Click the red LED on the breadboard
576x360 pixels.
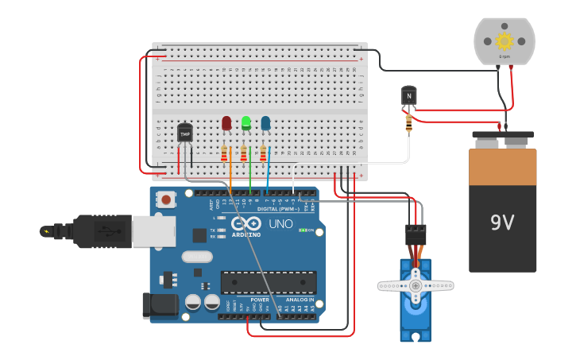(x=226, y=123)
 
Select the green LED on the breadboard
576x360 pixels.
(x=246, y=123)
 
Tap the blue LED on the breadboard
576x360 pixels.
(x=265, y=123)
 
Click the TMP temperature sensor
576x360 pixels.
(x=185, y=134)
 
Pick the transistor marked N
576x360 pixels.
(x=409, y=96)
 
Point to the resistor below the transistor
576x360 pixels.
(x=409, y=122)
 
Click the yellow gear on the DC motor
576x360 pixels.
(x=504, y=41)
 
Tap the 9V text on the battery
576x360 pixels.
(x=502, y=223)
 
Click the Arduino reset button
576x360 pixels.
(x=165, y=199)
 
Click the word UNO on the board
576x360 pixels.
(x=280, y=224)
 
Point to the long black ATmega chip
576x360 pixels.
(x=268, y=282)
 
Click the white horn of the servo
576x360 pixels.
(x=415, y=285)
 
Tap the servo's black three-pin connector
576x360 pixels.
(x=416, y=234)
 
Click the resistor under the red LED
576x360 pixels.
(x=225, y=153)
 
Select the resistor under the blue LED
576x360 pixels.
(x=263, y=153)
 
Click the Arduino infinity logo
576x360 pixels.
(x=246, y=225)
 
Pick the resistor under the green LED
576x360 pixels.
(x=244, y=153)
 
